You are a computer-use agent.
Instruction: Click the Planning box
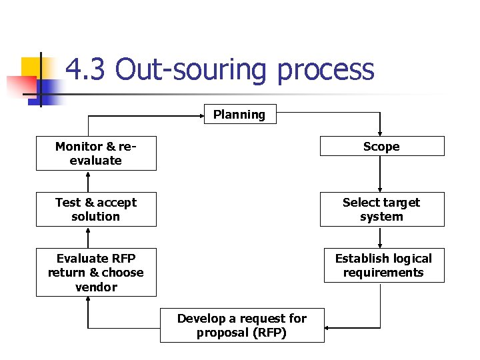(239, 115)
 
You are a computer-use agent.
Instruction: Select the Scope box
(381, 146)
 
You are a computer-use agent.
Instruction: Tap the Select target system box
(381, 209)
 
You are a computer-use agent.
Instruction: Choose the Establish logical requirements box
(383, 265)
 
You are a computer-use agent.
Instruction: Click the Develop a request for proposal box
(241, 325)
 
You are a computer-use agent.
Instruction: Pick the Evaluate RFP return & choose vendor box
(96, 272)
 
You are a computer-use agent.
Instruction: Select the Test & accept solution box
(96, 209)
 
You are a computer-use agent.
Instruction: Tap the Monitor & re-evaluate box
(96, 153)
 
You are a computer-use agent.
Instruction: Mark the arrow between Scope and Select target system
(380, 174)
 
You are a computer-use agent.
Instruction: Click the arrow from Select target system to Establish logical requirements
(380, 237)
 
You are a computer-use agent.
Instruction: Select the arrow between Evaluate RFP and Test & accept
(88, 237)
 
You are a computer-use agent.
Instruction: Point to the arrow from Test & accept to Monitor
(88, 181)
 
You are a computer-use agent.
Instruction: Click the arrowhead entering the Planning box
(200, 116)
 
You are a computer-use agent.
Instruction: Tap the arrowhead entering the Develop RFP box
(329, 327)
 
